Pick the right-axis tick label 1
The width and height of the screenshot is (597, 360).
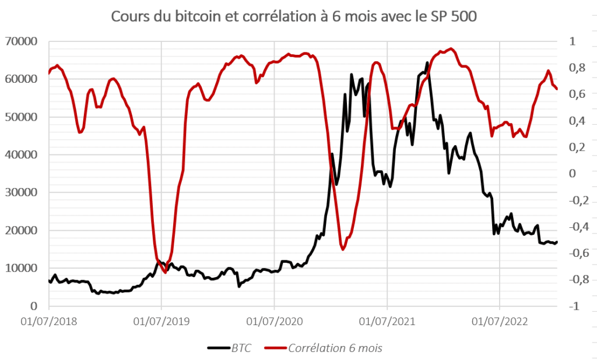[572, 41]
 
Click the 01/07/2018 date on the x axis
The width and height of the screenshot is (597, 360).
[50, 321]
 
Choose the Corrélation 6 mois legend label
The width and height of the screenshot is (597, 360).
[335, 348]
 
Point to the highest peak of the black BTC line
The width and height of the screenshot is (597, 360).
[427, 62]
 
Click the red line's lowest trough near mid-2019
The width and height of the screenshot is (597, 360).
[165, 272]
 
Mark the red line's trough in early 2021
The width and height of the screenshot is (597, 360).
[343, 249]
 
